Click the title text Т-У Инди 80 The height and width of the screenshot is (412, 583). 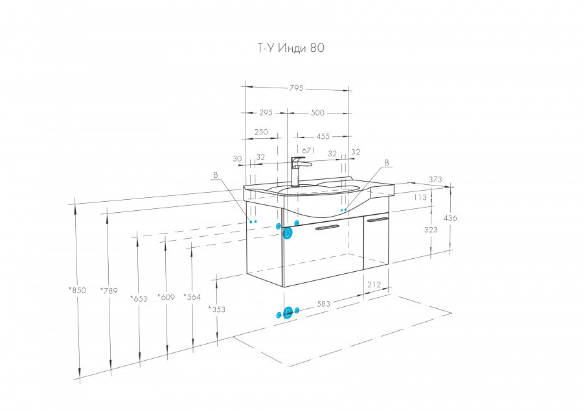(x=286, y=47)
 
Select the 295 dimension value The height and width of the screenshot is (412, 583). (x=266, y=113)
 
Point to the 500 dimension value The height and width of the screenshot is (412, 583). (x=317, y=113)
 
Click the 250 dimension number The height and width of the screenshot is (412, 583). (x=261, y=132)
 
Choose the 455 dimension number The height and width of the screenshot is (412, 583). (x=323, y=136)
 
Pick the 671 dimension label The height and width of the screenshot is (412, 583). (x=308, y=151)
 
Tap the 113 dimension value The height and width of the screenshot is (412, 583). (x=420, y=197)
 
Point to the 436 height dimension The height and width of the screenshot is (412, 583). (x=450, y=218)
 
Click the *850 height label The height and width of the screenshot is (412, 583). (x=76, y=291)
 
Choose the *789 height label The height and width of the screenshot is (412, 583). (x=109, y=291)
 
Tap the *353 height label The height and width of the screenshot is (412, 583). (x=216, y=309)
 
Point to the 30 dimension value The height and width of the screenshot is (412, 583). (x=237, y=158)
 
